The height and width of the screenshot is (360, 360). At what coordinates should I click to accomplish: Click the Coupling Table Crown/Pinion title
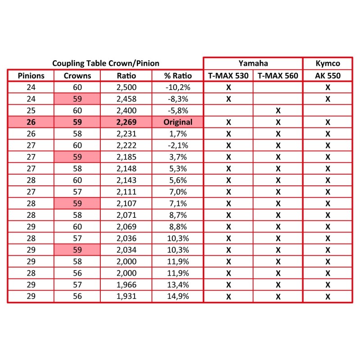coord(106,63)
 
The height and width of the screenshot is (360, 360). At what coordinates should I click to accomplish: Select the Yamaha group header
coord(252,63)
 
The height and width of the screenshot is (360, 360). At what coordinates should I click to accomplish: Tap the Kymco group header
coord(327,63)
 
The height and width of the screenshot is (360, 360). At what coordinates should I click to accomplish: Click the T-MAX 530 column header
coord(228,76)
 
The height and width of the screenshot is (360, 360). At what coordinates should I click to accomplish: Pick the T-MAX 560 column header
coord(278,76)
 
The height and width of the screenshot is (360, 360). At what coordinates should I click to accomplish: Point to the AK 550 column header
coord(327,76)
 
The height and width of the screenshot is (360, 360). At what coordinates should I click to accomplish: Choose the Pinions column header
coord(31,76)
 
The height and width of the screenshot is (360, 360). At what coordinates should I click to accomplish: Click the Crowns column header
coord(77,76)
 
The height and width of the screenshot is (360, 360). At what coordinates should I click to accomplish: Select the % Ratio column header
coord(178,76)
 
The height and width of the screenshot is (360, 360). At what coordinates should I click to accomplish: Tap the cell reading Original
coord(178,122)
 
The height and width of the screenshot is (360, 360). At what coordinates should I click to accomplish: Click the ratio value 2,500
coord(126,87)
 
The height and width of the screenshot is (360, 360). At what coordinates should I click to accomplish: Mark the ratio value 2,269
coord(126,122)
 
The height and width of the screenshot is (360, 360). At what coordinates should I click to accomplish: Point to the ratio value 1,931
coord(126,296)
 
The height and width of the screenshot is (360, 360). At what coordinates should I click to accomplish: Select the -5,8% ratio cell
coord(178,110)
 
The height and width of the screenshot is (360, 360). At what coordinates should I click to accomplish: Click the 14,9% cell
coord(178,296)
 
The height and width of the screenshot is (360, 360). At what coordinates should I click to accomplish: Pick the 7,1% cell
coord(178,203)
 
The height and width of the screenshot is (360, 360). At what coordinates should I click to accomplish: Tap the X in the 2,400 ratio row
coord(278,110)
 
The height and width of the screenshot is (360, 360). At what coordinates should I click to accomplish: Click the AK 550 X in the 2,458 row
coord(327,99)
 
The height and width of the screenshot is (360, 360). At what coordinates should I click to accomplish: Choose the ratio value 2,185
coord(126,157)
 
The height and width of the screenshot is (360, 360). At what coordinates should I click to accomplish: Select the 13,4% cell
coord(178,284)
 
